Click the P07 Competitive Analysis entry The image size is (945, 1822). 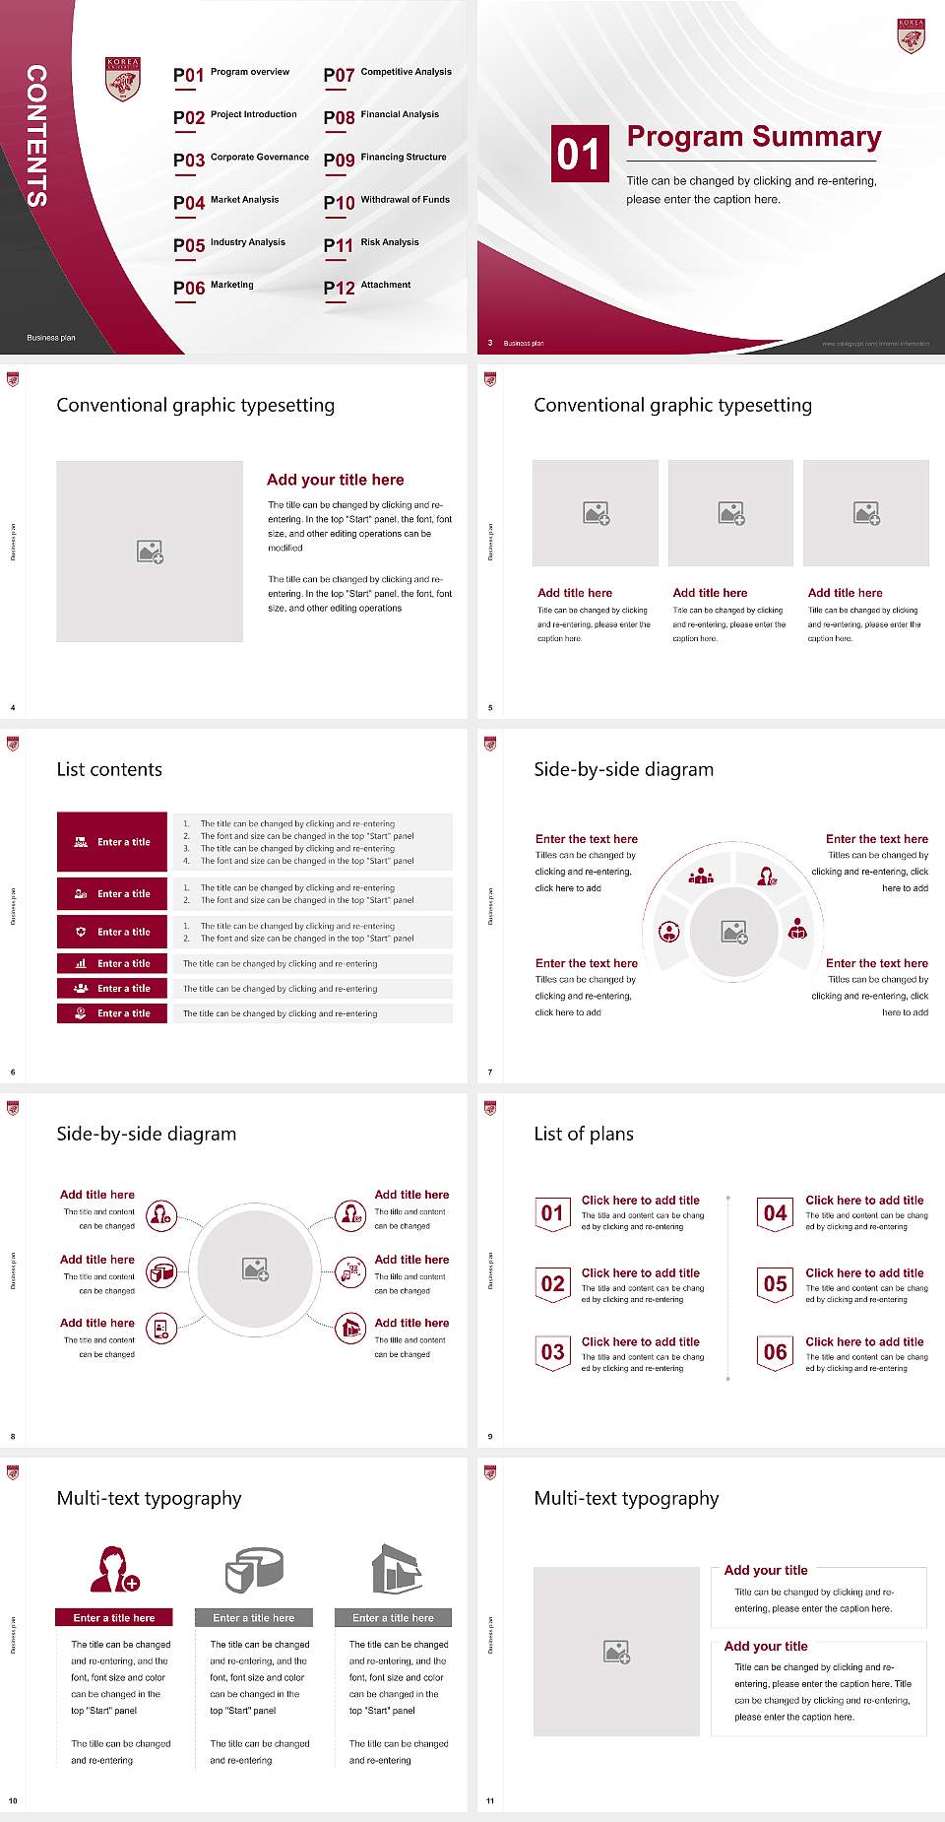387,74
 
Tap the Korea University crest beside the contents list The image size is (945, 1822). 123,79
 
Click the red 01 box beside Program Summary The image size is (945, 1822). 580,154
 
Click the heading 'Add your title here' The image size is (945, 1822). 335,480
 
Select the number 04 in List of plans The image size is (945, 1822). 776,1213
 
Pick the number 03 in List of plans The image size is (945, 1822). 553,1352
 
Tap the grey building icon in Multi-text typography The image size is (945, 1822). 397,1569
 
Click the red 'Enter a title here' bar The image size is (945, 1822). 114,1617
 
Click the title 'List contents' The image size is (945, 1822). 109,769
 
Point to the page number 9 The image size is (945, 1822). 490,1436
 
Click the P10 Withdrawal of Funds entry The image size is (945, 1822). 387,202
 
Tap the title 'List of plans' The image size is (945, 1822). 584,1134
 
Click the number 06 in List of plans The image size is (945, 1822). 776,1352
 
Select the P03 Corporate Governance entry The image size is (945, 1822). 240,159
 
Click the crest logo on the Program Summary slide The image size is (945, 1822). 911,35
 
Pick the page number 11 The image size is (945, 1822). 490,1800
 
